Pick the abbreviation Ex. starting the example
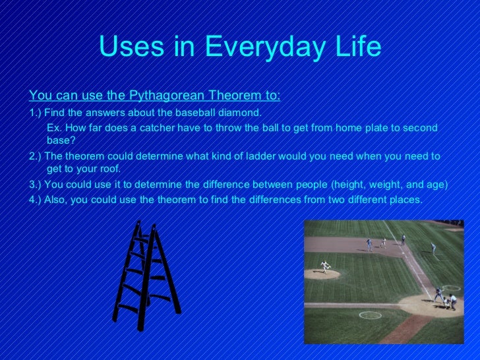click(55, 127)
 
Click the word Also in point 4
click(59, 198)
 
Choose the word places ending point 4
click(405, 198)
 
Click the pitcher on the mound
click(324, 266)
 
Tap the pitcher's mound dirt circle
click(322, 272)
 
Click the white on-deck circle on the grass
click(370, 315)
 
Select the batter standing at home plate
click(438, 293)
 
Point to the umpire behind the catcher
click(453, 301)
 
